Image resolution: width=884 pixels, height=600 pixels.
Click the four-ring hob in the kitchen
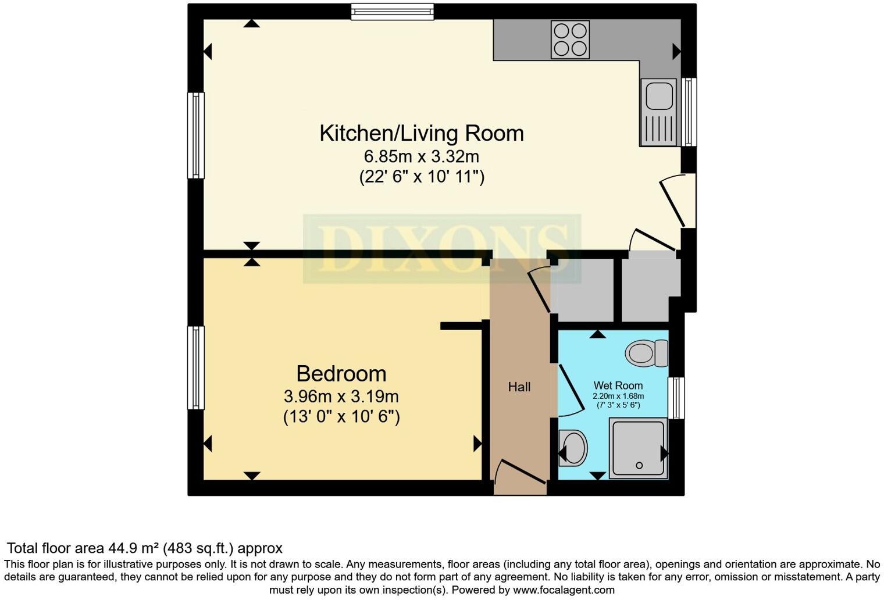(570, 40)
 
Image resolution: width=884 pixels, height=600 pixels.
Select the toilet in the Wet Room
(647, 353)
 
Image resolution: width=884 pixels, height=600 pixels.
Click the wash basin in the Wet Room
(573, 448)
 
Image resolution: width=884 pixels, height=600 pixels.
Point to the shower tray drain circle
(639, 466)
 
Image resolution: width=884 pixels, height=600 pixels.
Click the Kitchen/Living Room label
(422, 133)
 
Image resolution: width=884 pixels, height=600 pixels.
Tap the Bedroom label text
(341, 374)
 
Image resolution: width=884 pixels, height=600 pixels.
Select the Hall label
(519, 387)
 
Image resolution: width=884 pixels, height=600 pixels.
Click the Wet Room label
(618, 385)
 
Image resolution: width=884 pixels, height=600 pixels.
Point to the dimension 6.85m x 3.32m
(422, 156)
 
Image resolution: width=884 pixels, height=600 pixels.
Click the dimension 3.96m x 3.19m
(341, 397)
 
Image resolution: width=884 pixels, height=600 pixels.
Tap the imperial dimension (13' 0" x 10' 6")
(341, 416)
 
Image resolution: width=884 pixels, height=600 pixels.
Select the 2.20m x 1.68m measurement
(618, 396)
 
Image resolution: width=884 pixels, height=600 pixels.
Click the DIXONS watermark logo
(442, 248)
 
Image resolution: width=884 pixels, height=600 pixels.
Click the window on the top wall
(393, 12)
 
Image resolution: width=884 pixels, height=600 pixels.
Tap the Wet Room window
(676, 398)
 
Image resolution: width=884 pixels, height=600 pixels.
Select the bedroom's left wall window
(196, 367)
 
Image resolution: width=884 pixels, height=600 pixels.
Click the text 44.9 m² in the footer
(133, 548)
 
